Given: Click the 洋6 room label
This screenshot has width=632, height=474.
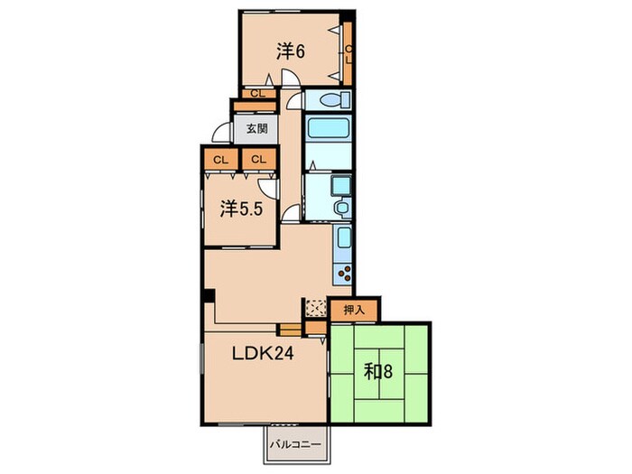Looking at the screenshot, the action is tap(290, 51).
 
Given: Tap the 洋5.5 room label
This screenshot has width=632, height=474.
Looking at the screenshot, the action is tap(241, 209).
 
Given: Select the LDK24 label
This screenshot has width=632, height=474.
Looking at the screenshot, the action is tap(263, 354).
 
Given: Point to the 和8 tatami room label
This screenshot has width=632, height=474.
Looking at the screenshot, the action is tap(377, 371).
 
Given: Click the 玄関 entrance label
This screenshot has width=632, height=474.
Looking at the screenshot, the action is tap(256, 129).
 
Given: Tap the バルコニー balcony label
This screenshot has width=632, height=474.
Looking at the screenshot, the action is tap(296, 444).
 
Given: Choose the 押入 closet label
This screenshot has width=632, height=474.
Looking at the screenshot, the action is tap(354, 310).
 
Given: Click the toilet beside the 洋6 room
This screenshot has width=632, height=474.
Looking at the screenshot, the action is tap(334, 99).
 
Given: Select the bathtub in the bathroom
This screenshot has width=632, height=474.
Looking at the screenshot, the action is tap(328, 128).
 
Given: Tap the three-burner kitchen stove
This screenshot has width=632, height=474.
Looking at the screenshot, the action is tap(344, 274).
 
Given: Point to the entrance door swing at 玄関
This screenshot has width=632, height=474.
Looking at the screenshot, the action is tap(221, 132).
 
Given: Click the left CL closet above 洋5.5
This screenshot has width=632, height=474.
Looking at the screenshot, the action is tap(221, 160).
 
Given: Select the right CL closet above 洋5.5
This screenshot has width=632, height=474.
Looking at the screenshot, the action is tap(259, 160).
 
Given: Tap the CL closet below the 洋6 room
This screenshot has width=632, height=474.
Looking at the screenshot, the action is tap(258, 94).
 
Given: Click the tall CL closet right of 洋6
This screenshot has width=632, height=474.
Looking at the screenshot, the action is tap(348, 53).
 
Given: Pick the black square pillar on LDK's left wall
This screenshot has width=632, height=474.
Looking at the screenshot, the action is tap(209, 295).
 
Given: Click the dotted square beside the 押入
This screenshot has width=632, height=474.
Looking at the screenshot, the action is tap(316, 308).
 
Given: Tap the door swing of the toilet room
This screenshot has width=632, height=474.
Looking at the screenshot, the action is tap(295, 101).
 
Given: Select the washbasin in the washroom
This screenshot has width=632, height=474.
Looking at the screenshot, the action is tap(342, 208).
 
